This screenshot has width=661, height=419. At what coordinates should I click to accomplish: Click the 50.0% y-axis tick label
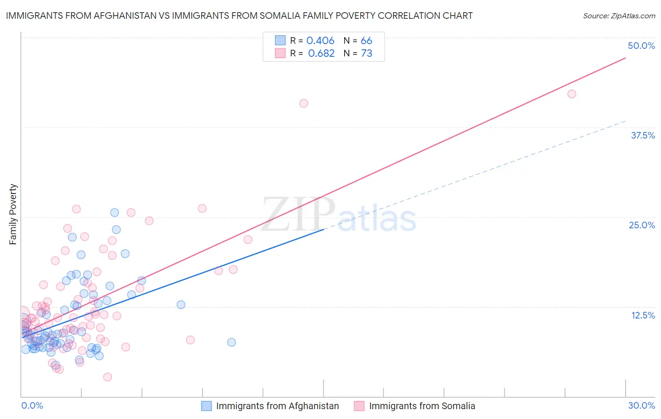[x=641, y=46]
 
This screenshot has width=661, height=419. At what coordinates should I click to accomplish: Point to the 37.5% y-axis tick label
[x=643, y=135]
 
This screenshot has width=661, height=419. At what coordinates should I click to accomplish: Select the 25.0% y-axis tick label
[x=642, y=225]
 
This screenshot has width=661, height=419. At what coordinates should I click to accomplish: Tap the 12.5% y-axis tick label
[x=643, y=315]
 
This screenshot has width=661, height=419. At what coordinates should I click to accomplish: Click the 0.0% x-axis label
[x=32, y=405]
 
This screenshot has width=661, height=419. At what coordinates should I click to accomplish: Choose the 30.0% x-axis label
[x=641, y=405]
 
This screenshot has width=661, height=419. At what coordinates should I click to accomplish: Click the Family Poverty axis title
[x=13, y=214]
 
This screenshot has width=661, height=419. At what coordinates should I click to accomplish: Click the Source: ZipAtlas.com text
[x=619, y=16]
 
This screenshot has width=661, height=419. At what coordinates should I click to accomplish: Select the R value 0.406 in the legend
[x=320, y=41]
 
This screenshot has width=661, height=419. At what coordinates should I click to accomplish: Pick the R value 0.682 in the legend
[x=321, y=54]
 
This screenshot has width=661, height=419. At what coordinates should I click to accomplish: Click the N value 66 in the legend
[x=366, y=41]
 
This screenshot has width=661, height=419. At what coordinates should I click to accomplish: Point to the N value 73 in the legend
[x=366, y=54]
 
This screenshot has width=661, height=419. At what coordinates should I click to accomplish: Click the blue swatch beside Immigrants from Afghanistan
[x=206, y=406]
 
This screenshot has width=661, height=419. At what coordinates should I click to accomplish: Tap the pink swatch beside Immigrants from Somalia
[x=359, y=406]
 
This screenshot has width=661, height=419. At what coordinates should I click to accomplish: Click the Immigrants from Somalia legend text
[x=422, y=406]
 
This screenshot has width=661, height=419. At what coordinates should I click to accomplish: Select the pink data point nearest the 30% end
[x=572, y=94]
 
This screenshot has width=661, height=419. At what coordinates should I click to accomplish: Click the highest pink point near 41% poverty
[x=304, y=103]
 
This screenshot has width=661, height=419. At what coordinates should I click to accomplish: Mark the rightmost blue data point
[x=231, y=342]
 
